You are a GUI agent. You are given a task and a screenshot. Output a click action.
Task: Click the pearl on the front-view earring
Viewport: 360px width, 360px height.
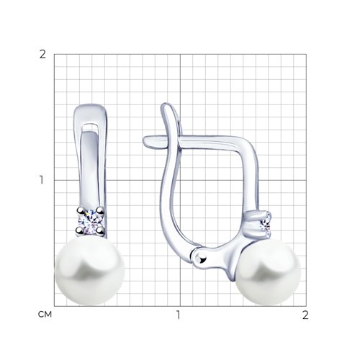point(90,270)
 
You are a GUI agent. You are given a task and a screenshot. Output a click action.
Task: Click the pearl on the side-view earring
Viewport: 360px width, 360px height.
point(269,271)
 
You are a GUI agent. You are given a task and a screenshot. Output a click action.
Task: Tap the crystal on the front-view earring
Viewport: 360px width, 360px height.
point(90,220)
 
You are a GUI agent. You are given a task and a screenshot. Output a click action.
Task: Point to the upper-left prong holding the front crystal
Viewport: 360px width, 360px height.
point(80,210)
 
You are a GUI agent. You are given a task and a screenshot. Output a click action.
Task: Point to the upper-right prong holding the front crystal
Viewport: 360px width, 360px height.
point(100,210)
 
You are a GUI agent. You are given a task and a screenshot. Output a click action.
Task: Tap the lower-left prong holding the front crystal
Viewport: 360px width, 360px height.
point(79,231)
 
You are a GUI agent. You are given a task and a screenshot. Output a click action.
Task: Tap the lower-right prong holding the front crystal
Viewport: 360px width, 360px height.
point(100,230)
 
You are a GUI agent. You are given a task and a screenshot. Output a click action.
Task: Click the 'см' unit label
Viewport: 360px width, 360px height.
point(45,315)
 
